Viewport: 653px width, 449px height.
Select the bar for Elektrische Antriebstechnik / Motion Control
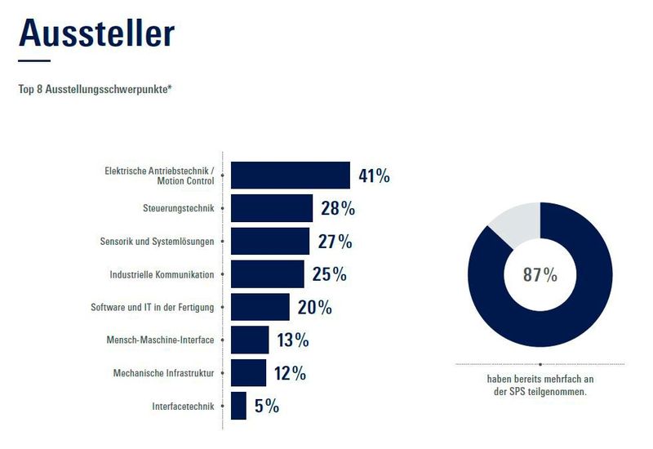pyautogui.click(x=290, y=176)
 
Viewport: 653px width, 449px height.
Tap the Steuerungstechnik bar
pyautogui.click(x=272, y=208)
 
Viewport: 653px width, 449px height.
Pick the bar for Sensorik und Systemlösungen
pyautogui.click(x=270, y=242)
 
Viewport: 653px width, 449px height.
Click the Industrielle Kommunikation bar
pyautogui.click(x=267, y=274)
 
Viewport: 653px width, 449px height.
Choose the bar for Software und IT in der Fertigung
pyautogui.click(x=260, y=307)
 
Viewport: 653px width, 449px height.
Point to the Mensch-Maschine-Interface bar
pyautogui.click(x=250, y=340)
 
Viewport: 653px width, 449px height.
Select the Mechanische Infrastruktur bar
pyautogui.click(x=248, y=373)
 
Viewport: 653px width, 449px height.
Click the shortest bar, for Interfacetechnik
pyautogui.click(x=238, y=406)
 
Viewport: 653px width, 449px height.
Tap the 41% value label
pyautogui.click(x=374, y=176)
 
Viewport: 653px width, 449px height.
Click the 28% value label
pyautogui.click(x=337, y=208)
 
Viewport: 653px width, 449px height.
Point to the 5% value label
pyautogui.click(x=266, y=406)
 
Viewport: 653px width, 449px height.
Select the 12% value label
pyautogui.click(x=290, y=373)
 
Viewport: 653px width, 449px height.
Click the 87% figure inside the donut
pyautogui.click(x=540, y=275)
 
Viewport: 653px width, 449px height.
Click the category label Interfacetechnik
pyautogui.click(x=183, y=406)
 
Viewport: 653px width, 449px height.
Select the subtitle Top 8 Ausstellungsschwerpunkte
pyautogui.click(x=95, y=88)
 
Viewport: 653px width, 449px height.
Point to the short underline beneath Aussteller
pyautogui.click(x=34, y=61)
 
